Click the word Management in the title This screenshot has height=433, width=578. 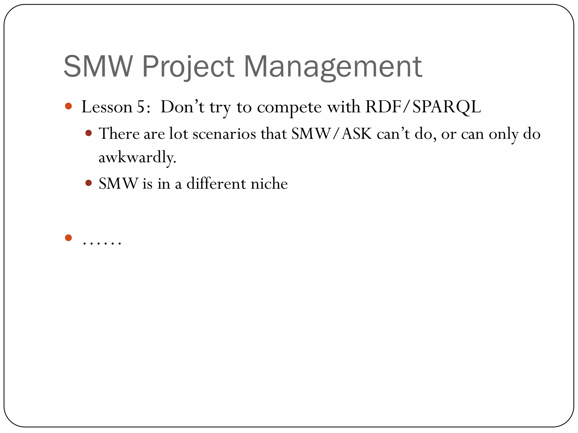[333, 67]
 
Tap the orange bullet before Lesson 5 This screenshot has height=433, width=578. [68, 106]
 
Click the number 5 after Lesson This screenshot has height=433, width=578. [140, 107]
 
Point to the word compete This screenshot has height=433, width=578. [289, 108]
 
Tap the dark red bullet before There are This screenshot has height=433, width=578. [89, 133]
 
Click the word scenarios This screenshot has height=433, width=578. [224, 134]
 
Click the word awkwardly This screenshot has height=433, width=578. [137, 157]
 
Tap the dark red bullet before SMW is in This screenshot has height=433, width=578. [89, 183]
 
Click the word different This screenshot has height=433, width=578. [216, 184]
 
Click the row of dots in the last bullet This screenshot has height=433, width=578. [102, 243]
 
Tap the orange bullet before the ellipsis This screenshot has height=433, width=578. [68, 238]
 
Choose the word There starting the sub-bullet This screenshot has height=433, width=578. [119, 134]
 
